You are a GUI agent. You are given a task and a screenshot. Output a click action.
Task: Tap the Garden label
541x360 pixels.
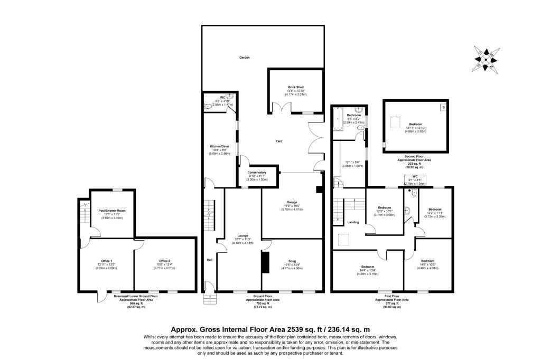point(244,57)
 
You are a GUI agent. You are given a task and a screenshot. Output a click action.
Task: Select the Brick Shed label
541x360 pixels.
point(296,87)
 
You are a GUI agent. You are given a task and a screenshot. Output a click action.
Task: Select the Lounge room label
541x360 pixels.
point(242,235)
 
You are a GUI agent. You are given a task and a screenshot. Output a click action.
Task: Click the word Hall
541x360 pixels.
point(210,260)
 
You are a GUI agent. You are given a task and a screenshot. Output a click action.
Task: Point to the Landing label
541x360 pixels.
point(353,222)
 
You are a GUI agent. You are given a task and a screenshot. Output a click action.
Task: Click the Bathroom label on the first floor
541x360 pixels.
point(353,115)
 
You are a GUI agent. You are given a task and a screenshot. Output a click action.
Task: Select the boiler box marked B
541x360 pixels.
point(443,107)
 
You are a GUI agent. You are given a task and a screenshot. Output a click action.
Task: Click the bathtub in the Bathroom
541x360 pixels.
point(337,121)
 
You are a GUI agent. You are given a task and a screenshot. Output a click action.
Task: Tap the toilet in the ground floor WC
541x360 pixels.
point(208,106)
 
